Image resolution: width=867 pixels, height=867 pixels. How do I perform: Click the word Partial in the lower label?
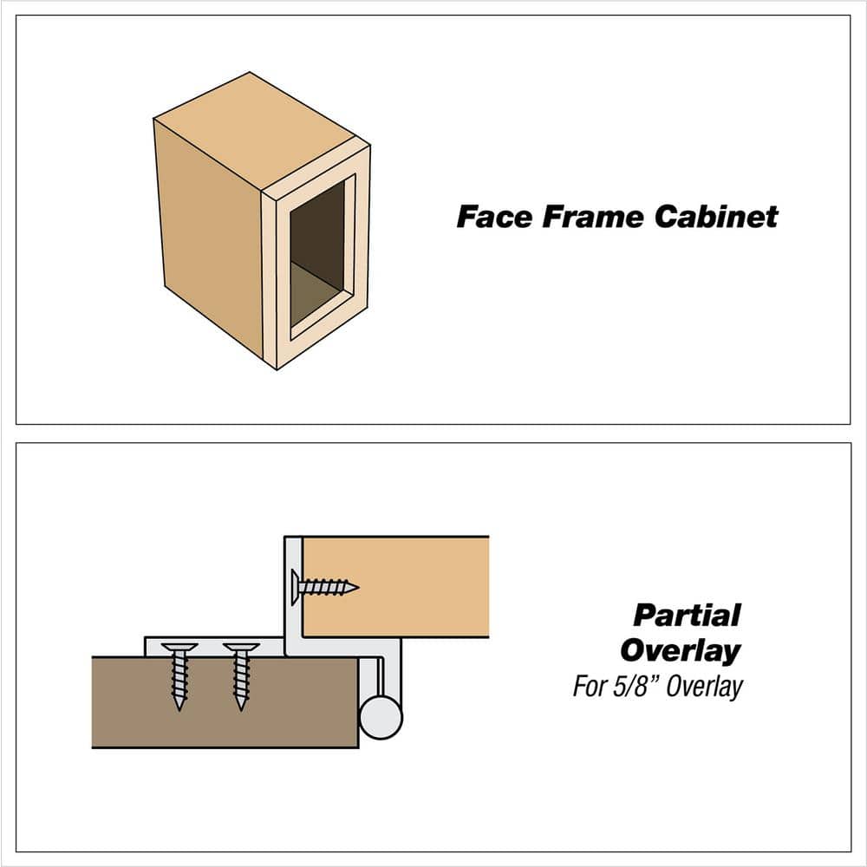pos(687,616)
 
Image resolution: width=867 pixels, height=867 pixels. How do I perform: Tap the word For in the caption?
pos(590,687)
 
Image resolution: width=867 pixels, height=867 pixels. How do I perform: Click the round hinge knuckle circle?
pos(381,717)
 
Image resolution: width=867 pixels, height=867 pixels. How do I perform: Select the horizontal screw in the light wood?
pos(328,587)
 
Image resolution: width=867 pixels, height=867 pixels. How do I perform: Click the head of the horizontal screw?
pos(297,587)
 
